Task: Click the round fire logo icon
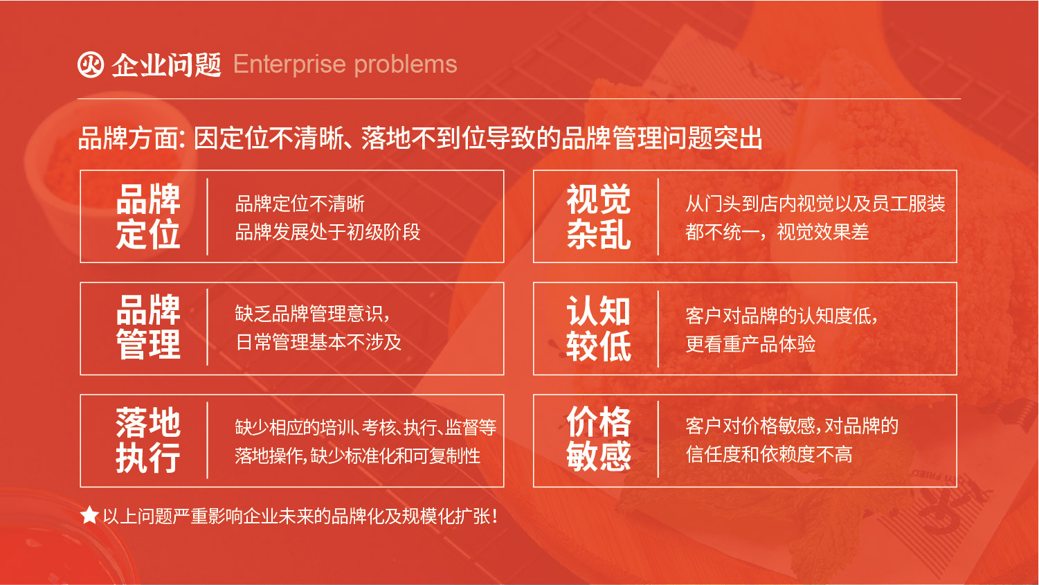[x=90, y=64]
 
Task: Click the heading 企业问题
[x=167, y=64]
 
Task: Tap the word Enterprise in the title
[x=289, y=64]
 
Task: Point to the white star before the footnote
[x=89, y=515]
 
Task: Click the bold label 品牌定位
[x=148, y=216]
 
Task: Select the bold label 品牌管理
[x=148, y=327]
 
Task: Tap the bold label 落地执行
[x=148, y=440]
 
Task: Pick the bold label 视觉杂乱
[x=599, y=216]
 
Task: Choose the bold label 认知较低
[x=599, y=328]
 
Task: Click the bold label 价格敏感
[x=599, y=440]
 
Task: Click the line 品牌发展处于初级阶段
[x=327, y=232]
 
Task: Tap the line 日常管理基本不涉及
[x=318, y=342]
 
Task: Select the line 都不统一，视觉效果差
[x=777, y=232]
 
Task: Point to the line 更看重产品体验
[x=750, y=344]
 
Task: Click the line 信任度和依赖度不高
[x=768, y=454]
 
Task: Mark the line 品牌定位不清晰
[x=300, y=204]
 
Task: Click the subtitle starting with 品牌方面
[x=420, y=138]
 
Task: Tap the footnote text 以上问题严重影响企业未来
[x=300, y=516]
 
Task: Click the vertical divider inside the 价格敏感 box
[x=658, y=440]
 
